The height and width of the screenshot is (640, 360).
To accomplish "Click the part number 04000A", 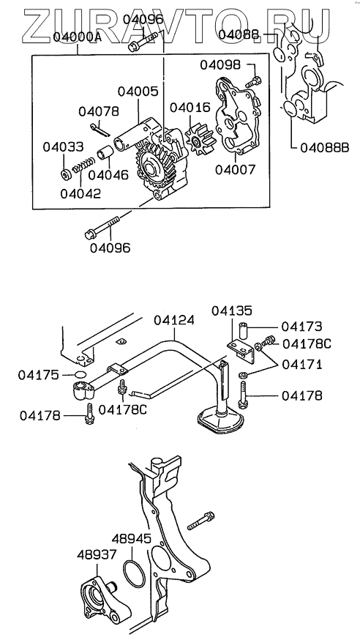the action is click(x=77, y=38).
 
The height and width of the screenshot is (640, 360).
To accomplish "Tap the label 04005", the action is click(x=138, y=92).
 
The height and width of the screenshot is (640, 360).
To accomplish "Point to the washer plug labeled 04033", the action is click(x=65, y=175).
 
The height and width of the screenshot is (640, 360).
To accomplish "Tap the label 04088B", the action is click(x=325, y=147).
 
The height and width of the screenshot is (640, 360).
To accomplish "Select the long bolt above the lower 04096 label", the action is click(x=102, y=227).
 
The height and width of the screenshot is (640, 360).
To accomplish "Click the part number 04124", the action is click(x=173, y=321).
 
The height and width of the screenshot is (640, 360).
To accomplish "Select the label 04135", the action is click(x=231, y=310).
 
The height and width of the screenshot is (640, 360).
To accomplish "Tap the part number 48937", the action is click(x=97, y=554).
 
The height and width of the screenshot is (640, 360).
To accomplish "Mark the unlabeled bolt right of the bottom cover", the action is click(x=201, y=521).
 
